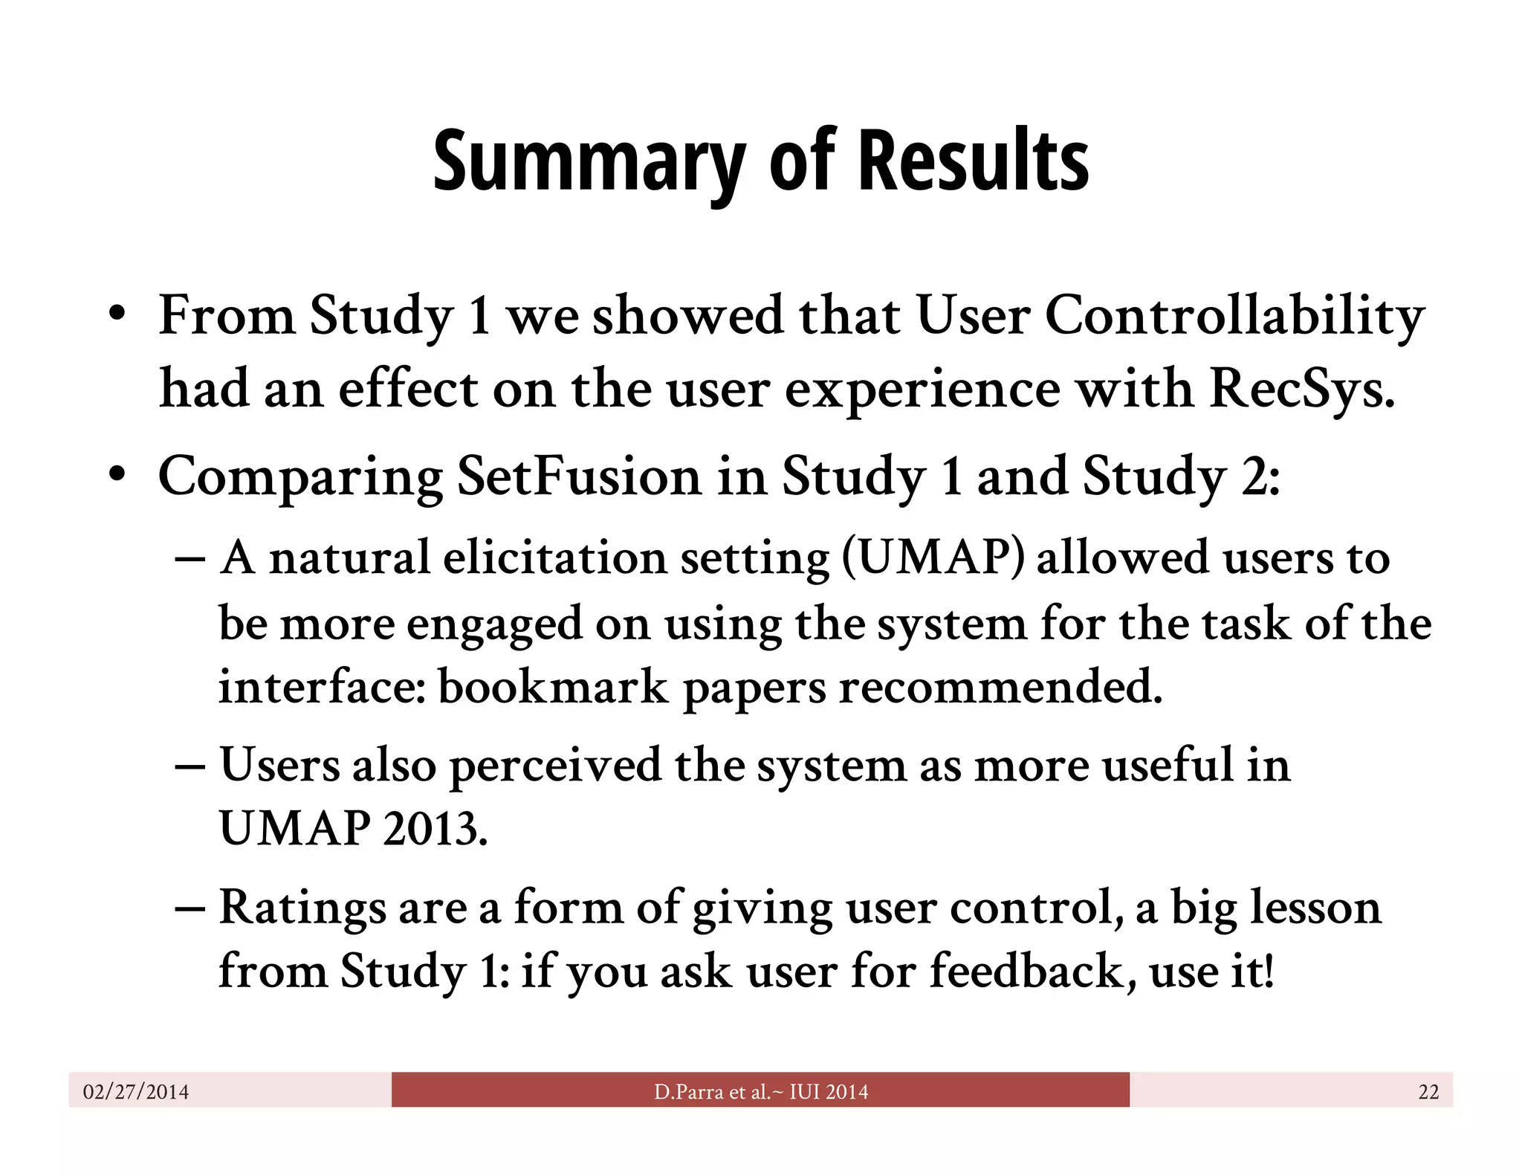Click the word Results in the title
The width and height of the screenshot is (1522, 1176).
click(x=973, y=161)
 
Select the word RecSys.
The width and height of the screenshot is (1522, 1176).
click(x=1301, y=390)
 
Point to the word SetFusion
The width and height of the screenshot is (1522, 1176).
click(x=578, y=476)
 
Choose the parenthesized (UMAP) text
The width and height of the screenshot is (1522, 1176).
click(x=932, y=558)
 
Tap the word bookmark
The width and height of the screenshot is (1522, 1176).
click(x=553, y=687)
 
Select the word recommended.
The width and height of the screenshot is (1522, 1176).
click(x=1000, y=687)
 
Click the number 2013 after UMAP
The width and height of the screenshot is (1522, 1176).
click(x=435, y=828)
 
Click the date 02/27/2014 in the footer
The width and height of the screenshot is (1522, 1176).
click(x=136, y=1091)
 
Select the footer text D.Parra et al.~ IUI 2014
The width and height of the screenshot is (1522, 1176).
click(x=760, y=1091)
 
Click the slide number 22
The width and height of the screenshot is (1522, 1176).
click(x=1428, y=1091)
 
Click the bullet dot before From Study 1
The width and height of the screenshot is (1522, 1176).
click(x=116, y=315)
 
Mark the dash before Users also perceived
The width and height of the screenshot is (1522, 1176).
click(x=190, y=766)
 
